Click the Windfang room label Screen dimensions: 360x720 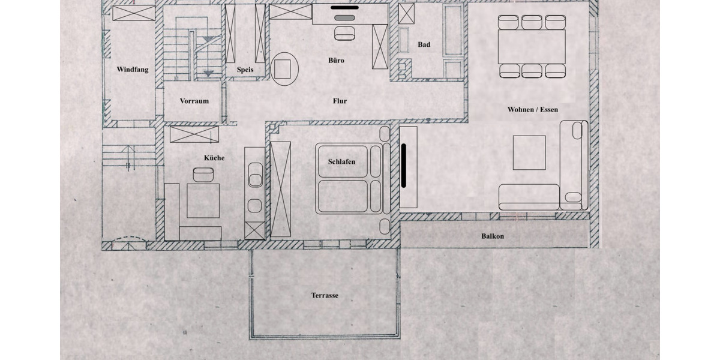(x=133, y=70)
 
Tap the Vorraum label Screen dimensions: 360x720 (x=194, y=101)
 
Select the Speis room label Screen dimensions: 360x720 (x=245, y=70)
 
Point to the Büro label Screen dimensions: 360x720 (x=336, y=61)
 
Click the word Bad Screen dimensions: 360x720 (x=424, y=44)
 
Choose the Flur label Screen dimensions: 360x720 (x=340, y=101)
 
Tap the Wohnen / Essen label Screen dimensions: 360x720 (x=533, y=110)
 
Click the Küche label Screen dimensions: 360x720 (x=214, y=158)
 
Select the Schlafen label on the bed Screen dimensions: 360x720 (x=341, y=162)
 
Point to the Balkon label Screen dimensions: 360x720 (x=493, y=236)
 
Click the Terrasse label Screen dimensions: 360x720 (x=325, y=295)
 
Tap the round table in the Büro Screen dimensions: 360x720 (x=285, y=68)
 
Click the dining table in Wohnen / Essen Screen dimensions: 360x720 (x=531, y=47)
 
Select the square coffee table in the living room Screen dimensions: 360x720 (x=529, y=152)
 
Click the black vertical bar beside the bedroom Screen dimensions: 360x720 (x=404, y=164)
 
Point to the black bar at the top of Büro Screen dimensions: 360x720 (x=344, y=8)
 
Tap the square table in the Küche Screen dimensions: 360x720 (x=203, y=200)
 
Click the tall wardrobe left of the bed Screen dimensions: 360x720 (x=280, y=189)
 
